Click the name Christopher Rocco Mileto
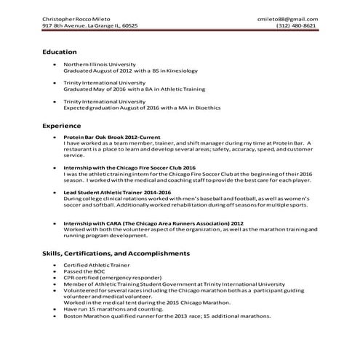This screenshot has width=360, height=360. tap(77, 17)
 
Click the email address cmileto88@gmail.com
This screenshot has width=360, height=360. tap(287, 17)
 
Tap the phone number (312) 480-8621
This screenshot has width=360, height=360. tap(296, 25)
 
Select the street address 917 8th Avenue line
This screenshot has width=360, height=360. tap(89, 25)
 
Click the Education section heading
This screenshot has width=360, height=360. tap(60, 52)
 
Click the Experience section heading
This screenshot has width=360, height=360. tap(62, 125)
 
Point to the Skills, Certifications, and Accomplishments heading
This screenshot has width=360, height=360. tap(116, 253)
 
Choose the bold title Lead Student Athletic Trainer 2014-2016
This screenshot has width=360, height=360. tap(114, 191)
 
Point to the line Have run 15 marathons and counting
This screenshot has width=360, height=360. tap(106, 309)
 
